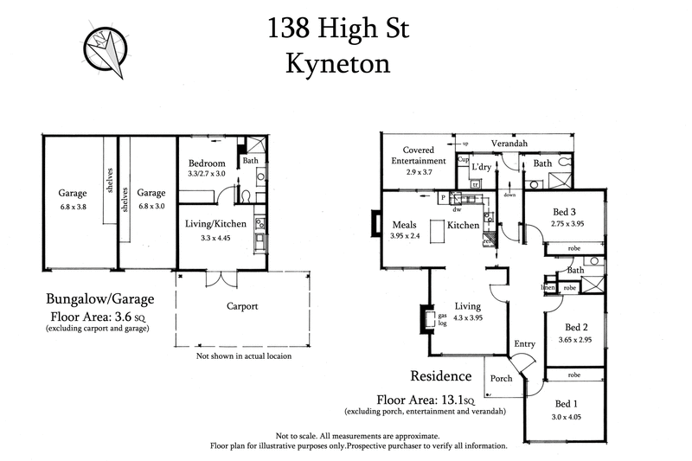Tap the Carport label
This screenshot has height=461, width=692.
point(245,306)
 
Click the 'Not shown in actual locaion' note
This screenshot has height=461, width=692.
point(243,355)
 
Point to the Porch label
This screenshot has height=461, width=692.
point(502,378)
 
